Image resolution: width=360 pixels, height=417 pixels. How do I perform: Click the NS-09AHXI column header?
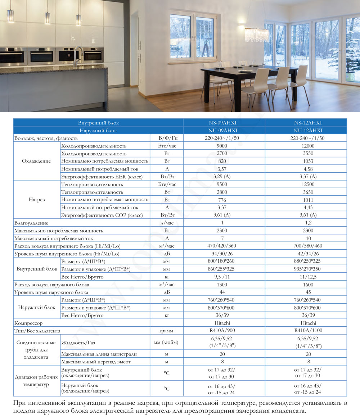224,123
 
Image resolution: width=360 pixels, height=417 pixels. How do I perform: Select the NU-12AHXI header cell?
306,131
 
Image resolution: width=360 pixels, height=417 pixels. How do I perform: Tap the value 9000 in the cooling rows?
224,146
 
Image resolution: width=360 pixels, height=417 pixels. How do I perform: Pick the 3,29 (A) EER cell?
224,176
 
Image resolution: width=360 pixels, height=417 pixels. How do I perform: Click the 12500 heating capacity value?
306,184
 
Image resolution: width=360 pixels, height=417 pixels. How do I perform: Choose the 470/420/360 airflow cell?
224,246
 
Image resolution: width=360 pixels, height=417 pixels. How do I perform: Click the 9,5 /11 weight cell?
224,277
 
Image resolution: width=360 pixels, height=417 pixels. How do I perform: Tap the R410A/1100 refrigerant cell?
306,330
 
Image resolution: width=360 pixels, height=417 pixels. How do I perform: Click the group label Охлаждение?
36,161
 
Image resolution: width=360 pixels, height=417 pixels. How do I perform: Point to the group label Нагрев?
36,199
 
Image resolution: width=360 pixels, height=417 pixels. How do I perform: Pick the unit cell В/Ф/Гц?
167,138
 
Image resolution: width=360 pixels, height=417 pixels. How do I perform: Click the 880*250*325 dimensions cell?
306,262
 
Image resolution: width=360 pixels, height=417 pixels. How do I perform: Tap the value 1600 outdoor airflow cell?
306,285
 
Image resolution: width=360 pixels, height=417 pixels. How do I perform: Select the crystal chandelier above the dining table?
256,35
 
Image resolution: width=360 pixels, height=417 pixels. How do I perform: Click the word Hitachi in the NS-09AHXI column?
224,323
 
